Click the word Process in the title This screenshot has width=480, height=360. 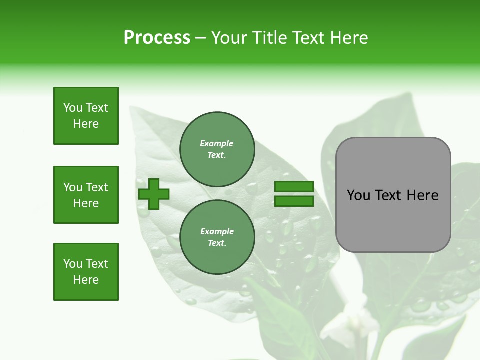[157, 38]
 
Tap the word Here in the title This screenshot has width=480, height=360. [348, 38]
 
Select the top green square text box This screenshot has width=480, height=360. [86, 116]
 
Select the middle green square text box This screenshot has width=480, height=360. [86, 195]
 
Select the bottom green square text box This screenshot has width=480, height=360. [86, 272]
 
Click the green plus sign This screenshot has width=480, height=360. [154, 194]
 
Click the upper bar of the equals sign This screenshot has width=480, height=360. [294, 187]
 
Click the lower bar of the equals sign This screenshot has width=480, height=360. [294, 201]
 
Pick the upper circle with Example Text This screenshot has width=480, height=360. [217, 149]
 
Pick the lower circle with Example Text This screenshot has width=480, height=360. [217, 237]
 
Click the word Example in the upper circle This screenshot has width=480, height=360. [216, 143]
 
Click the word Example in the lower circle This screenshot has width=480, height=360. [216, 231]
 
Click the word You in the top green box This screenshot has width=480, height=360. [72, 108]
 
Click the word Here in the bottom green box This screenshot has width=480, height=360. [86, 280]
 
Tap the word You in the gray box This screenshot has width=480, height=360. [358, 195]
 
